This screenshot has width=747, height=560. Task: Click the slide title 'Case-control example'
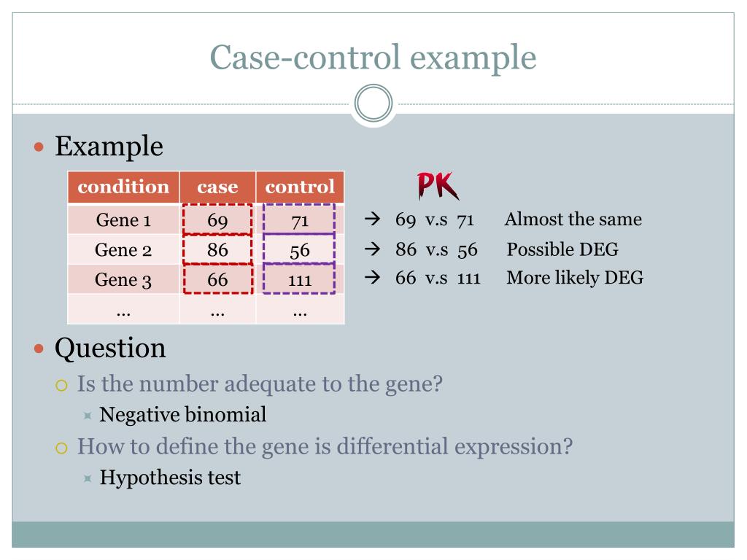click(x=373, y=57)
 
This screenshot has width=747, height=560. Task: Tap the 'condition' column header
click(x=123, y=187)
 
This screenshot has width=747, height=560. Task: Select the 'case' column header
click(x=217, y=187)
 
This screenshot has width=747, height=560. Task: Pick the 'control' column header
click(x=300, y=187)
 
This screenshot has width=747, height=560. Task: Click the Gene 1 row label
click(x=123, y=220)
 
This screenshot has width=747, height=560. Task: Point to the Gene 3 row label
click(x=123, y=280)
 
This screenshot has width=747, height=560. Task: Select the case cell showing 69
click(x=217, y=220)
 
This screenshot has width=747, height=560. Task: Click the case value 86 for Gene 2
click(x=217, y=250)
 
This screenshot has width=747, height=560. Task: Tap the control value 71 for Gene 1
click(x=300, y=220)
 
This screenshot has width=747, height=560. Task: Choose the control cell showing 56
click(x=300, y=250)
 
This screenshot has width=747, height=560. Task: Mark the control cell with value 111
click(x=300, y=280)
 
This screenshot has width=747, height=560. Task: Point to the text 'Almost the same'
click(x=573, y=219)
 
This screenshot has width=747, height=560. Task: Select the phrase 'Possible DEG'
click(x=562, y=249)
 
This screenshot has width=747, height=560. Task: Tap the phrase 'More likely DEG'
click(x=575, y=277)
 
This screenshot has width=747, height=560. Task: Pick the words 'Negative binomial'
click(x=182, y=415)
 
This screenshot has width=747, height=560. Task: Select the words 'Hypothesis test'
click(x=170, y=478)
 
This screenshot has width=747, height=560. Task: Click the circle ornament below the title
click(x=373, y=104)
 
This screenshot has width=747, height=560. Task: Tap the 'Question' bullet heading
click(x=110, y=348)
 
